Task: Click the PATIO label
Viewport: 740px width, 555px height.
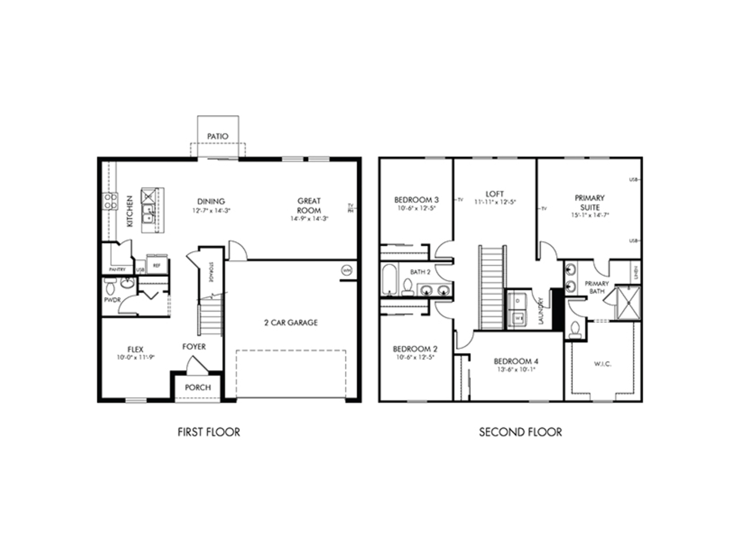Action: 217,136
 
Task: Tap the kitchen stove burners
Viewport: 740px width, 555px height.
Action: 110,201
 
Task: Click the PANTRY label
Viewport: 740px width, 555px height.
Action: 117,269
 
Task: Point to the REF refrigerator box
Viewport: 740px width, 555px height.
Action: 157,265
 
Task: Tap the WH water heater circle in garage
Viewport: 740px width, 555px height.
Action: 346,270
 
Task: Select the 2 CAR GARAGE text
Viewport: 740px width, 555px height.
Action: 291,323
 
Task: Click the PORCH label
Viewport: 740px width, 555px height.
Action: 198,388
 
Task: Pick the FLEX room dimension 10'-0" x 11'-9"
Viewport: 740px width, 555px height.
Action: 136,358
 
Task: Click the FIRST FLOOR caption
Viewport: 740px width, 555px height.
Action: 209,432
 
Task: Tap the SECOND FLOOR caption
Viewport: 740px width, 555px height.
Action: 520,432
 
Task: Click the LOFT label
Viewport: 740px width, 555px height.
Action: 495,194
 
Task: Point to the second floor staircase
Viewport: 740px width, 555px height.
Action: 492,287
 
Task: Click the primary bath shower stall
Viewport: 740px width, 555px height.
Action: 628,303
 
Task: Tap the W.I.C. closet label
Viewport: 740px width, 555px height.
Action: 603,364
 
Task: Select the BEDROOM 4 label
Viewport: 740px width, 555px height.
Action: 516,361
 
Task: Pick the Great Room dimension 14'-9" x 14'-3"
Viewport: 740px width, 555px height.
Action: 309,219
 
